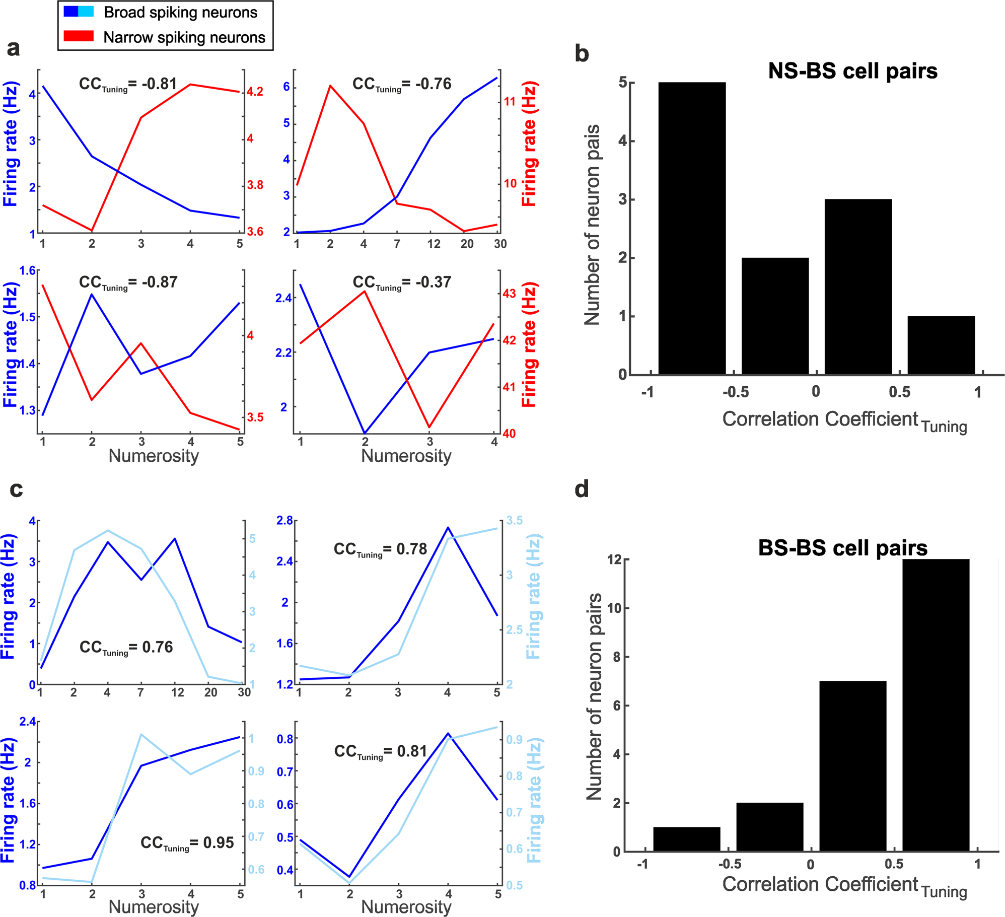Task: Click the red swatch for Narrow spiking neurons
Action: (79, 36)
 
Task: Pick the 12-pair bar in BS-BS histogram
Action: (936, 705)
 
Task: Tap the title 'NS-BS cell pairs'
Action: (852, 71)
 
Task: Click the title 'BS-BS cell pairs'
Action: (842, 548)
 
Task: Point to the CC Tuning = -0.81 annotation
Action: (128, 84)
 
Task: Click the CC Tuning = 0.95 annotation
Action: (187, 843)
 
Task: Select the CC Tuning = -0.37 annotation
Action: (401, 283)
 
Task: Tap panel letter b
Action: (582, 54)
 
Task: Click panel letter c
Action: (16, 489)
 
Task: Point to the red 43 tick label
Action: (509, 294)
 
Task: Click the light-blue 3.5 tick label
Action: (514, 521)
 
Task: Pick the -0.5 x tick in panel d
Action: (729, 864)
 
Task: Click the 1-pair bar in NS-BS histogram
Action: (941, 345)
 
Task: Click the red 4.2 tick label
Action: (255, 92)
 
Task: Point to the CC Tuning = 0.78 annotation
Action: (380, 549)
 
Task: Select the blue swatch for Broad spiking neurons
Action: (79, 11)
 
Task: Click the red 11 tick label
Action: (510, 102)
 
